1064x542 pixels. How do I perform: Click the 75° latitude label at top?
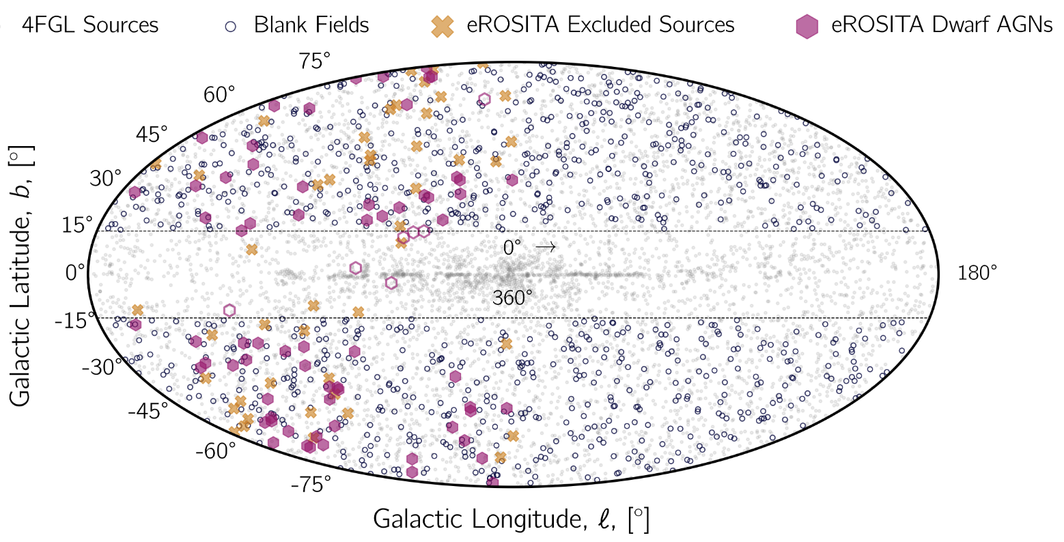coord(314,61)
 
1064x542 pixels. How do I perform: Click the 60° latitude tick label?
coord(219,95)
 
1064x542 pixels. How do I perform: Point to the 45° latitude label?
coord(151,134)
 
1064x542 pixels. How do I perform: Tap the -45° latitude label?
coord(147,412)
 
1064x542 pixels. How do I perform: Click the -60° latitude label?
coord(215,451)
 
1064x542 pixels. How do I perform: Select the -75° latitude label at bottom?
coord(311,485)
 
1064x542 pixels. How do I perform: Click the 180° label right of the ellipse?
coord(977,274)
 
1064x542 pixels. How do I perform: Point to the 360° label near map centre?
coord(513,298)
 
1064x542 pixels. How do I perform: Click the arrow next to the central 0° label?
coord(546,247)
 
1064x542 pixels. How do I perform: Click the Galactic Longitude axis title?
coord(510,519)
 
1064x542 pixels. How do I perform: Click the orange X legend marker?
coord(443,26)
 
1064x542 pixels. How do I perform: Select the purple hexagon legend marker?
coord(809,26)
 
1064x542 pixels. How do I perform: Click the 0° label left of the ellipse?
coord(75,273)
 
